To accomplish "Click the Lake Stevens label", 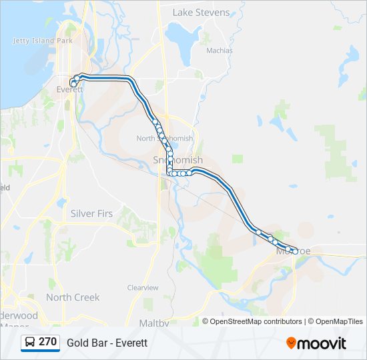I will pyautogui.click(x=201, y=12).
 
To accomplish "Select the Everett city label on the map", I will pyautogui.click(x=69, y=89).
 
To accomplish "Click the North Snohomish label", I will pyautogui.click(x=164, y=138).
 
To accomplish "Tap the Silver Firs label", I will pyautogui.click(x=91, y=213).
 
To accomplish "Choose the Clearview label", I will pyautogui.click(x=143, y=287).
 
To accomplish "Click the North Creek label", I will pyautogui.click(x=73, y=297).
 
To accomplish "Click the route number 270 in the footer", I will pyautogui.click(x=47, y=342).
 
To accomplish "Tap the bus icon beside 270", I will pyautogui.click(x=30, y=343).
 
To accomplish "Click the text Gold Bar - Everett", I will pyautogui.click(x=107, y=343).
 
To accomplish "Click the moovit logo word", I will pyautogui.click(x=322, y=343).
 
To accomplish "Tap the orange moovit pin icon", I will pyautogui.click(x=291, y=343).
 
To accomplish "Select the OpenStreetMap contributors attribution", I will pyautogui.click(x=256, y=321).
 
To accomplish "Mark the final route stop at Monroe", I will pyautogui.click(x=295, y=251).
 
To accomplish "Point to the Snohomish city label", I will pyautogui.click(x=177, y=160).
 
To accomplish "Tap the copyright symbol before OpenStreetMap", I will pyautogui.click(x=206, y=321).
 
